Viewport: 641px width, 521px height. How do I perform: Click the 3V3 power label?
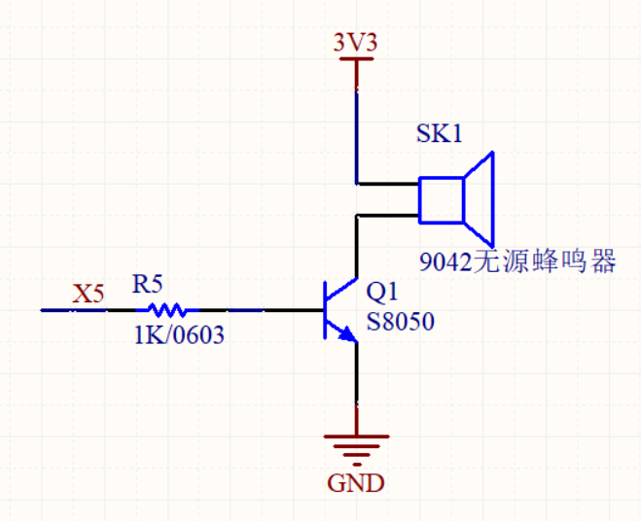coord(355,43)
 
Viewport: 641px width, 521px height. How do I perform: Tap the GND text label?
coord(355,483)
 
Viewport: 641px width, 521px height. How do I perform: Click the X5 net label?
coord(89,294)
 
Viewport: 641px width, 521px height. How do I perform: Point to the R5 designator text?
coord(148,285)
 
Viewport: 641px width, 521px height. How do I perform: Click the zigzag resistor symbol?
coord(167,310)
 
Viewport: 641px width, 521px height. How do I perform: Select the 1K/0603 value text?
coord(179,335)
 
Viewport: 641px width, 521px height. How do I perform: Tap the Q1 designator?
coord(382,292)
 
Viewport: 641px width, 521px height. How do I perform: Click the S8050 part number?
coord(400,322)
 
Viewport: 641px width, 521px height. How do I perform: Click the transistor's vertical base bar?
coord(326,310)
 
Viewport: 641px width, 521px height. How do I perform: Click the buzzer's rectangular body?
coord(441,199)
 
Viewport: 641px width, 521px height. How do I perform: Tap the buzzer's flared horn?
coord(481,198)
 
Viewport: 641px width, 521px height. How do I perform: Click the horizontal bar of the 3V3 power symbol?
coord(355,59)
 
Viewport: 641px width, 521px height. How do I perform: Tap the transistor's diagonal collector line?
coord(342,289)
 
